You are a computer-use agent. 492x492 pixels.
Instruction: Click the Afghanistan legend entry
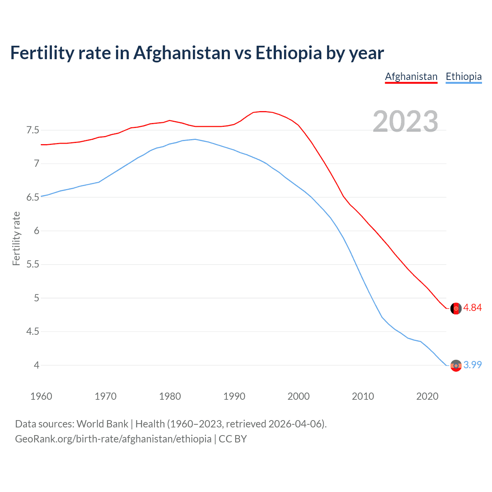click(x=411, y=76)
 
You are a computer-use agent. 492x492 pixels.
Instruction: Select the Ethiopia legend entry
click(x=464, y=76)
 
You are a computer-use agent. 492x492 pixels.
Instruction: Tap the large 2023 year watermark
click(x=406, y=121)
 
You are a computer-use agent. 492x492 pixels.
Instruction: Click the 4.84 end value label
click(x=472, y=308)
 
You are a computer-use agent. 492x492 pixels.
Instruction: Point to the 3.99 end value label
click(x=472, y=365)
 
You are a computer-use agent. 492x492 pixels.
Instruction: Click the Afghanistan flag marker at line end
click(x=456, y=308)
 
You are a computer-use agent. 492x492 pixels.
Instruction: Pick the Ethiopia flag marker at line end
click(x=456, y=366)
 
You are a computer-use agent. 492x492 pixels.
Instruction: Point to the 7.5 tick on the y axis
click(x=33, y=130)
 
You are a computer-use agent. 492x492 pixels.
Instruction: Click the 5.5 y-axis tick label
click(x=33, y=264)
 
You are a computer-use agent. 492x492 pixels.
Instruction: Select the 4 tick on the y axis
click(x=37, y=365)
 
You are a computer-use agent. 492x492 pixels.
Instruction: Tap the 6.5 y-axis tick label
click(x=33, y=198)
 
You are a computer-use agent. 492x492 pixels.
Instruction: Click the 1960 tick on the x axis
click(x=41, y=396)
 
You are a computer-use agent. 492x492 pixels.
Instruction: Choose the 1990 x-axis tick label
click(x=234, y=396)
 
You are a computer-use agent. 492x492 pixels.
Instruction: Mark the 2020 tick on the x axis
click(x=427, y=396)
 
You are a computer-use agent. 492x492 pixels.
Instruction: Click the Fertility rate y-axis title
click(x=16, y=238)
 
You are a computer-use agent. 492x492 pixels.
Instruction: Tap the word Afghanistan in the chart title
click(x=182, y=53)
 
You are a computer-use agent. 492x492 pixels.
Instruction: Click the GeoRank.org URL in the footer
click(x=113, y=439)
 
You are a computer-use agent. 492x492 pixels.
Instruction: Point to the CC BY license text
click(x=233, y=439)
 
